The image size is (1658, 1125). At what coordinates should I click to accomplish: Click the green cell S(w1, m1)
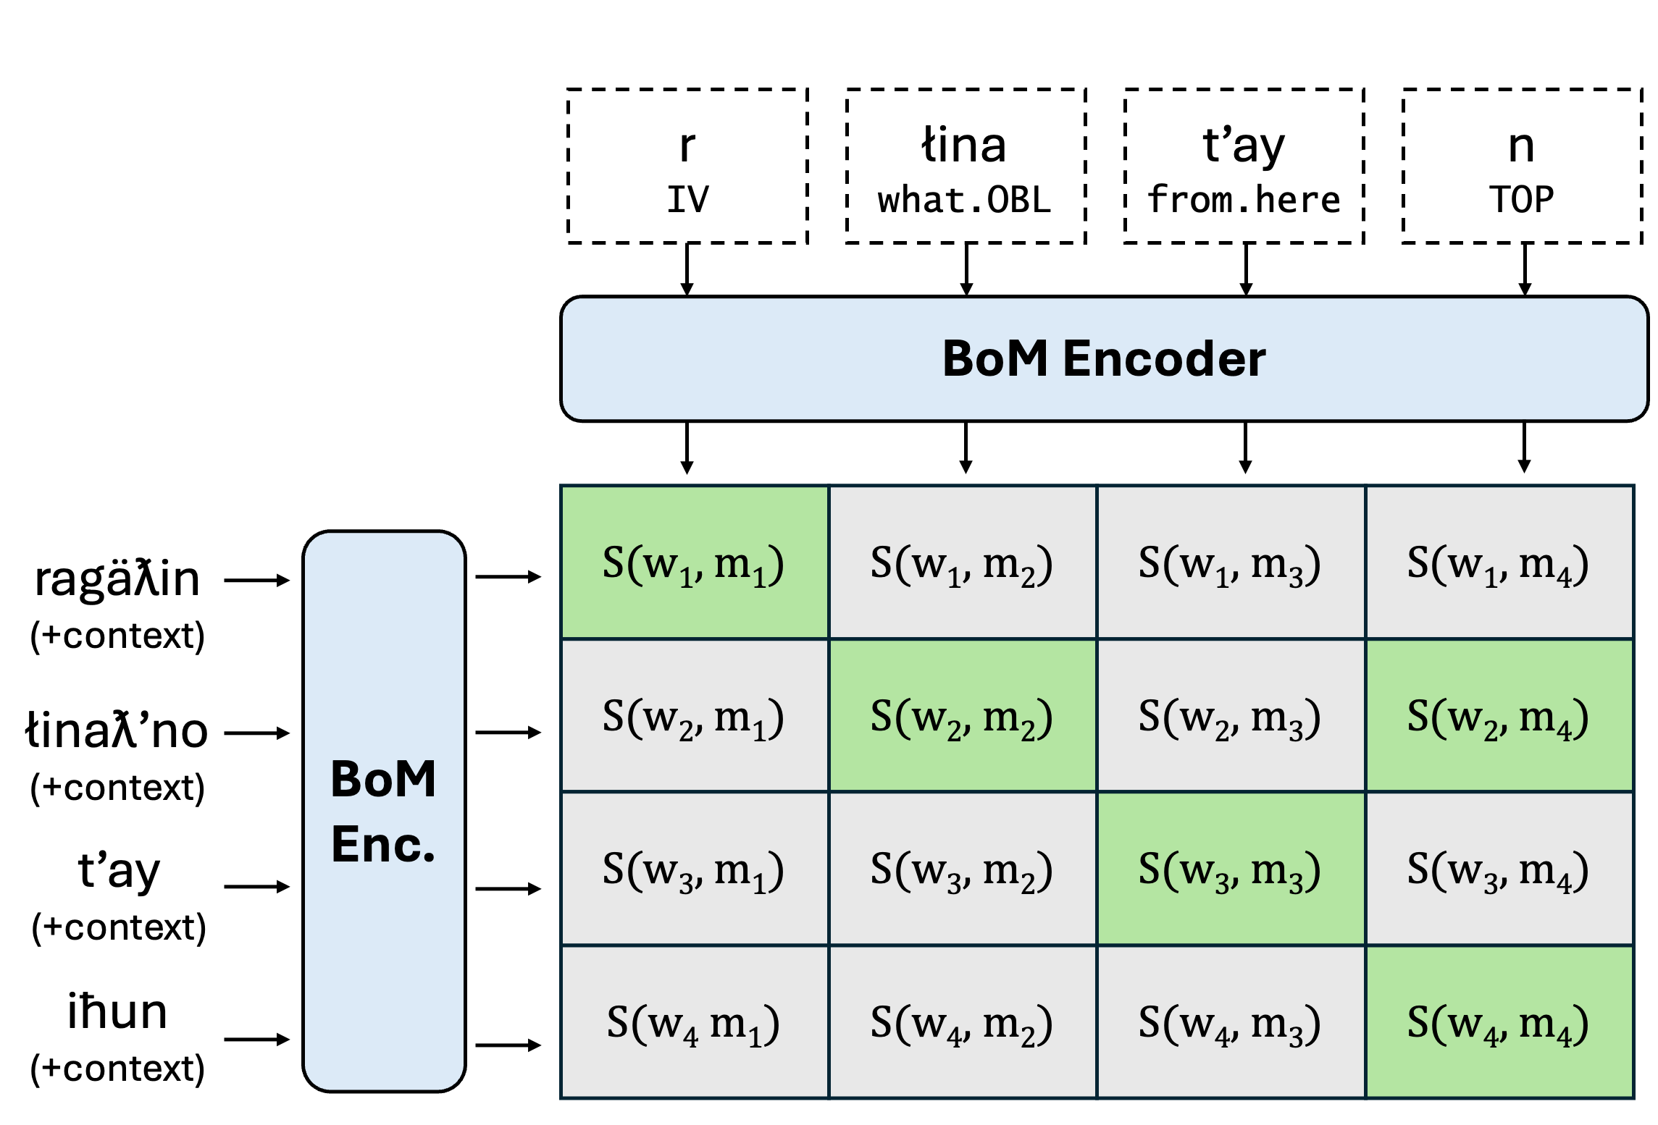[x=694, y=563]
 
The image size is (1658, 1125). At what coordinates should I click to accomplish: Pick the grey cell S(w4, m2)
[x=961, y=1023]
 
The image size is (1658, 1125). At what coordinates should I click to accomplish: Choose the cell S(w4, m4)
[x=1498, y=1023]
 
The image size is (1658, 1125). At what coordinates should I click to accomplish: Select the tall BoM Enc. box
[x=384, y=811]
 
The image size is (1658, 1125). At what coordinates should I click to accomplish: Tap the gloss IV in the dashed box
[x=687, y=200]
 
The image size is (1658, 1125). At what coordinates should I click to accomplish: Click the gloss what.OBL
[x=964, y=200]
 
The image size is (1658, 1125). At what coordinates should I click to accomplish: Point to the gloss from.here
[x=1244, y=200]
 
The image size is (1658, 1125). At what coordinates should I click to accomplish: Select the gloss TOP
[x=1522, y=200]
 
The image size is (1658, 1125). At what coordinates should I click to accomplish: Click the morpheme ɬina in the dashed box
[x=964, y=146]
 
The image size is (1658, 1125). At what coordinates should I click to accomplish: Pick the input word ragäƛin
[x=117, y=579]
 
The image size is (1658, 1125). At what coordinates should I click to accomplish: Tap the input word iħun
[x=117, y=1011]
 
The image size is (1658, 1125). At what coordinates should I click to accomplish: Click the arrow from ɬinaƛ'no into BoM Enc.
[x=256, y=733]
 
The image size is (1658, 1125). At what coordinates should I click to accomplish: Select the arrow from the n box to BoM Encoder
[x=1525, y=269]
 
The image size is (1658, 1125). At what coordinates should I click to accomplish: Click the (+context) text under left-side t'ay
[x=119, y=928]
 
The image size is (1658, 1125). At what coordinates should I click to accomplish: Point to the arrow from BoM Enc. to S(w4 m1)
[x=508, y=1045]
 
